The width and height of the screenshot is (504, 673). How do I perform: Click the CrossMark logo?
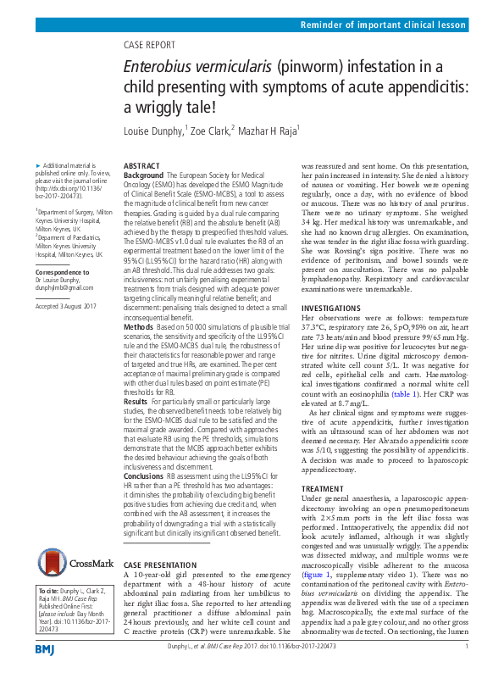click(x=75, y=561)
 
